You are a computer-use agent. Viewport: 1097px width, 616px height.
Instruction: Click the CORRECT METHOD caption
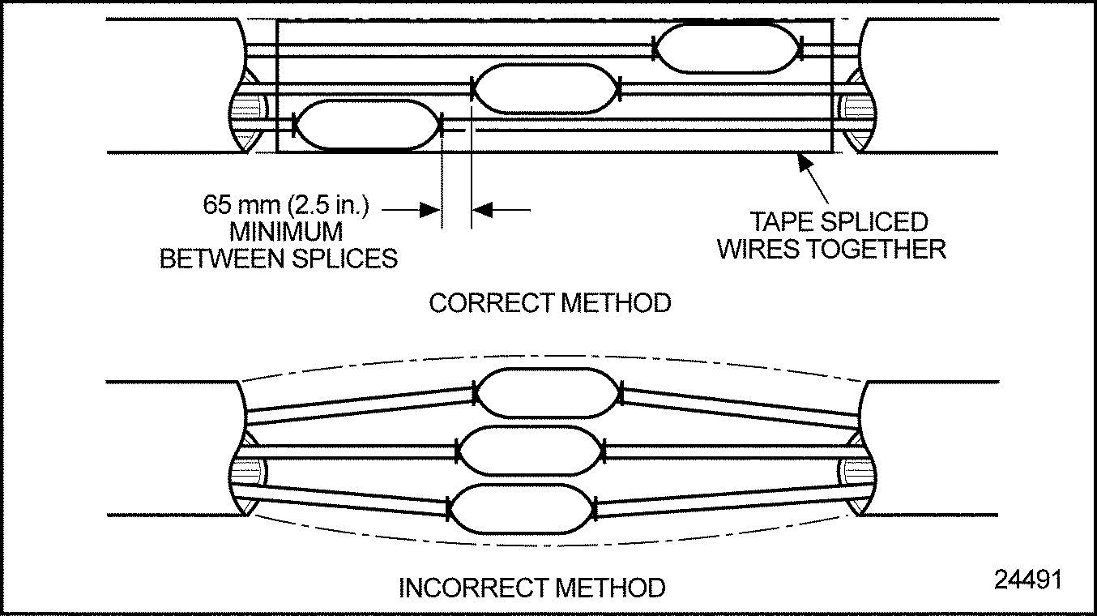(550, 304)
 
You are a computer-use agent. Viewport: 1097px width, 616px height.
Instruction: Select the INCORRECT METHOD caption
(532, 588)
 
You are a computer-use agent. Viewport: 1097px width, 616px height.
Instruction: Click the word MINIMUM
(286, 232)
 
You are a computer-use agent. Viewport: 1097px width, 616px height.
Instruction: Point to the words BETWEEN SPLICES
(279, 259)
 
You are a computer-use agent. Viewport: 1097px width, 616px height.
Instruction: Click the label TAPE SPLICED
(839, 221)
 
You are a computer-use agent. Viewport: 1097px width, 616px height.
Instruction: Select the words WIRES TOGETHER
(831, 249)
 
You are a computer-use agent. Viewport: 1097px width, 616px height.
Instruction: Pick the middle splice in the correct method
(546, 89)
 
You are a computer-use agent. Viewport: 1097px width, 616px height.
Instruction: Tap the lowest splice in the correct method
(367, 125)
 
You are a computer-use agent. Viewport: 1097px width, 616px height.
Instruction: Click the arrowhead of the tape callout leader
(805, 162)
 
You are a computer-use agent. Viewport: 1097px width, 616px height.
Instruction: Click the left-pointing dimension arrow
(482, 210)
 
